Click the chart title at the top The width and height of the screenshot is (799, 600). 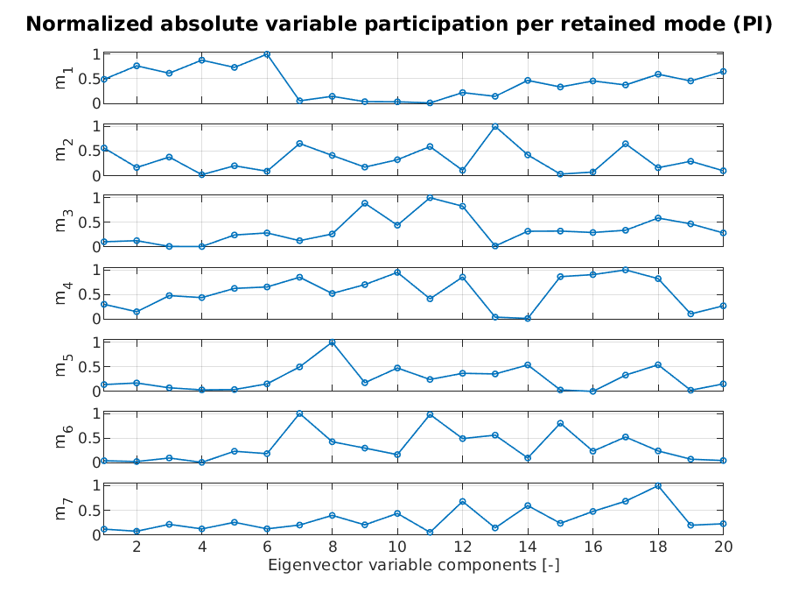[399, 24]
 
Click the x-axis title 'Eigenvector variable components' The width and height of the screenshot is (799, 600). [413, 565]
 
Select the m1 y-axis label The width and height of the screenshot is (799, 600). [61, 79]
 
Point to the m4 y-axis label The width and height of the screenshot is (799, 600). [61, 294]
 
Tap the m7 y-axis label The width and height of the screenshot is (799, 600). [61, 510]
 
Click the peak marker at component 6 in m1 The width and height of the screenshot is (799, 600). [267, 54]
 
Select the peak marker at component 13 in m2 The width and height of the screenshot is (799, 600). [494, 126]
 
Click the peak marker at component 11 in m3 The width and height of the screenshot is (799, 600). [430, 198]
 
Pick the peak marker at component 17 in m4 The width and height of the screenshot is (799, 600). [625, 270]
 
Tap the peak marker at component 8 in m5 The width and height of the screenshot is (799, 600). [332, 342]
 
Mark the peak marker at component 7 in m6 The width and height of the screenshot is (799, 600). [299, 413]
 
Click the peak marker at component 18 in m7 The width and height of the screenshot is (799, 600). [657, 485]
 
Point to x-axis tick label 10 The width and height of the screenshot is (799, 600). [397, 547]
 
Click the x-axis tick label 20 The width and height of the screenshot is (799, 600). [722, 547]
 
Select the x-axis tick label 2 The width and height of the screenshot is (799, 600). [137, 547]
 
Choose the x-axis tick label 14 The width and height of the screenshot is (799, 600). [527, 547]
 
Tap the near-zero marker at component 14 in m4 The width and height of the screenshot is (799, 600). [527, 318]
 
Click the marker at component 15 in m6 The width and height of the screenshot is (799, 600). [560, 423]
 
